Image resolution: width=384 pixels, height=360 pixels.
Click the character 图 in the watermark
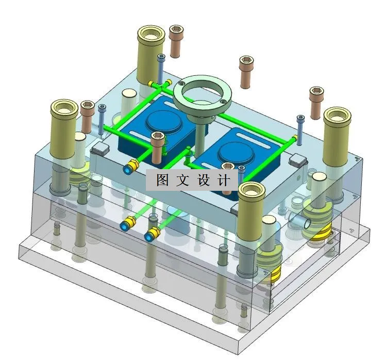pos(162,180)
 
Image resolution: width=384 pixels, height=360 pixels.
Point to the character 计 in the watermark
pos(225,180)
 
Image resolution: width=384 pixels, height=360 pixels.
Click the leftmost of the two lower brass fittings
pos(126,225)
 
